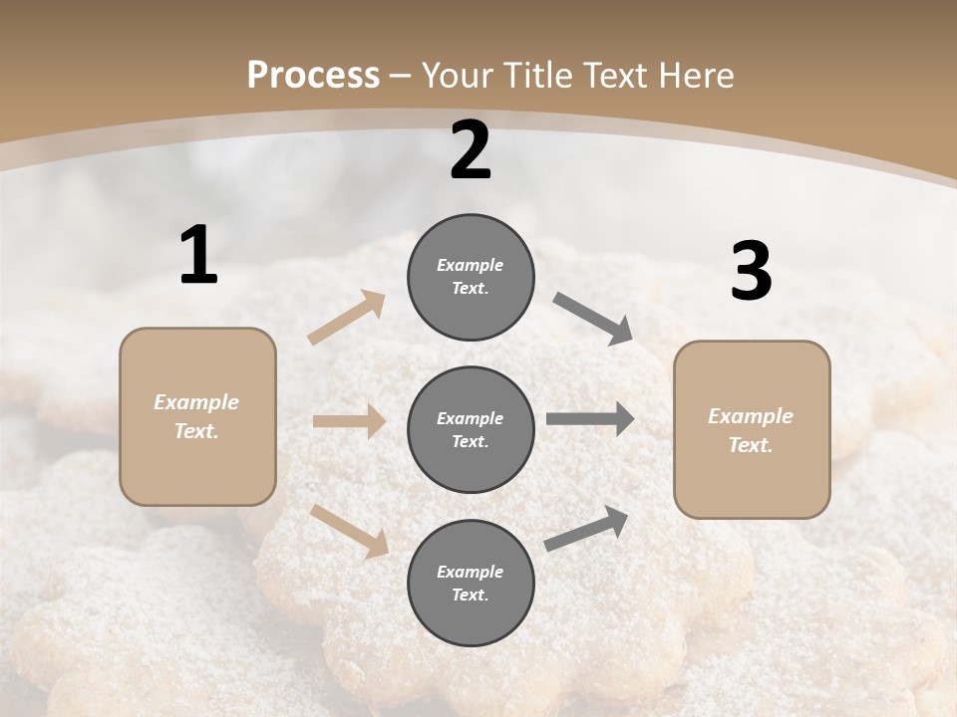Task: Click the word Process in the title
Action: pos(313,76)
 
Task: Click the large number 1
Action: pos(198,256)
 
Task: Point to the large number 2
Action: pos(471,150)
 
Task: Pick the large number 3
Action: pos(751,272)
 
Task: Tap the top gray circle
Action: pos(471,277)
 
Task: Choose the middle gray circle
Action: pos(471,430)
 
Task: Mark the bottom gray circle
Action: pos(471,584)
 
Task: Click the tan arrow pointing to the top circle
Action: pos(347,319)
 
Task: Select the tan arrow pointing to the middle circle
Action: pos(349,421)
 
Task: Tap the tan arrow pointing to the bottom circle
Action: pos(350,530)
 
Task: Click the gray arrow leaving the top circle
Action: pos(593,319)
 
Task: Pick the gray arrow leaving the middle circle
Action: pos(590,419)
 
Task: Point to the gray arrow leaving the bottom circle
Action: pos(587,529)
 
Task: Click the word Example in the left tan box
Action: pos(196,402)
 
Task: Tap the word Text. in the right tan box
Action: pos(751,445)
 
